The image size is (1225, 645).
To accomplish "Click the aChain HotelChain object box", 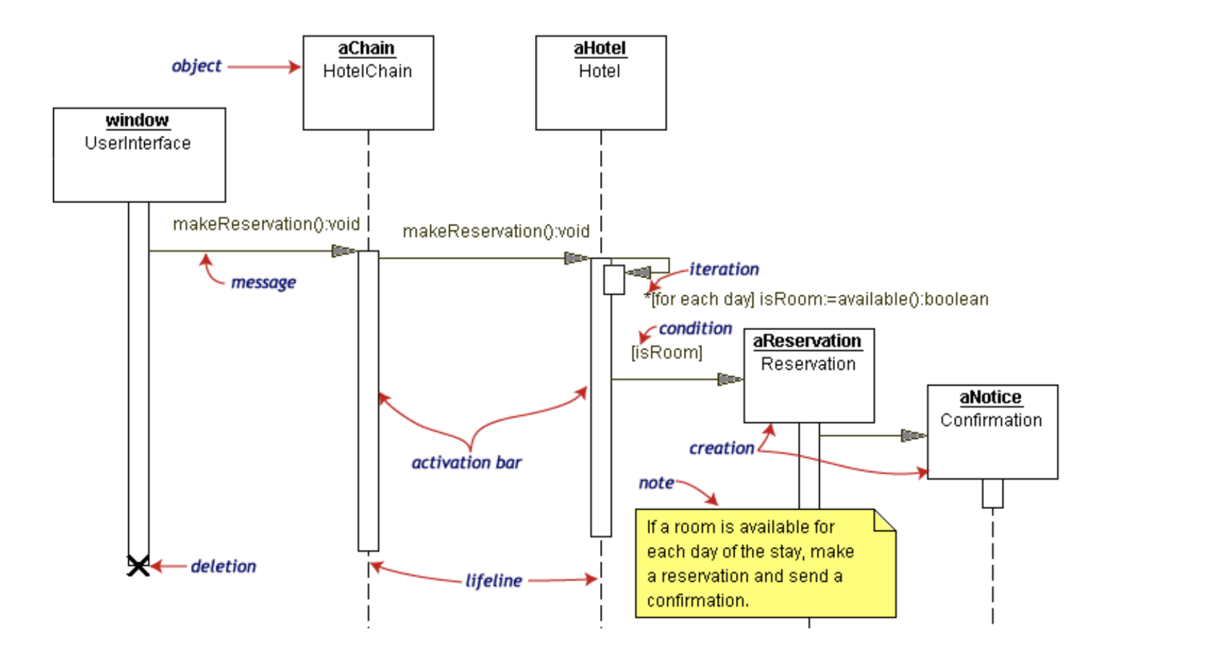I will point(368,83).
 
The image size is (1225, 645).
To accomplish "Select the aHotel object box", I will point(601,83).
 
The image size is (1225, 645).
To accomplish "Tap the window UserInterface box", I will point(139,155).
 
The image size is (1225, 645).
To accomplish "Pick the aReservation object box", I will point(809,375).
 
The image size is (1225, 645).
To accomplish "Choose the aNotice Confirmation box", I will point(992,431).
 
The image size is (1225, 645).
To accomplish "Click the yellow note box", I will point(765,563).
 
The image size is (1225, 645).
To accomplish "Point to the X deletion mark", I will point(138,566).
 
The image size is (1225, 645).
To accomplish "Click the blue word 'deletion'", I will point(223,567).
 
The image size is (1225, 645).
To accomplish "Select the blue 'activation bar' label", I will point(466,463).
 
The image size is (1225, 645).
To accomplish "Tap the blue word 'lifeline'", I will point(493,580).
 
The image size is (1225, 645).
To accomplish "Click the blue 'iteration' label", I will point(723,269).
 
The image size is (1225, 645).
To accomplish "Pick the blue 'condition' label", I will point(695,328).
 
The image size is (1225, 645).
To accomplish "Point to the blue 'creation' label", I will point(721,448).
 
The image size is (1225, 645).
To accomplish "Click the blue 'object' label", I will point(196,66).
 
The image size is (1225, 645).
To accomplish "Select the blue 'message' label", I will point(263,282).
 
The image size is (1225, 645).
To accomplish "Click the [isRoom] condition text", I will point(667,352).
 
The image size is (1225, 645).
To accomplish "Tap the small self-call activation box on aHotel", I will point(614,279).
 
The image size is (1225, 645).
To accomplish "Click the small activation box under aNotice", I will point(992,493).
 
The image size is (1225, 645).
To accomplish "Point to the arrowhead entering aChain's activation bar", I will point(344,250).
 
